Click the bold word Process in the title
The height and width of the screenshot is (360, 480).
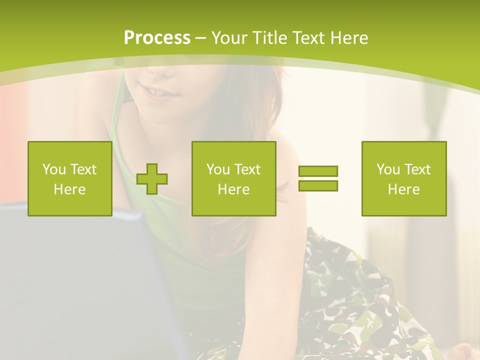[157, 38]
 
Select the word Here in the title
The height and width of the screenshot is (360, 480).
[348, 38]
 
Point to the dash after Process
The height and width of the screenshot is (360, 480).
[200, 38]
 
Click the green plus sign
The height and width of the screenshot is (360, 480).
[152, 179]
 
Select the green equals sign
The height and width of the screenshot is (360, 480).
[318, 178]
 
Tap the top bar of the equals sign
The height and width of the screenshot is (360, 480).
[318, 171]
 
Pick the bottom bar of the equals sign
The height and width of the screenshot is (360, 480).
[318, 185]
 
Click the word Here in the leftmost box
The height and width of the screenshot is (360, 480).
[69, 189]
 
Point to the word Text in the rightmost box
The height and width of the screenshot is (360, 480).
[416, 169]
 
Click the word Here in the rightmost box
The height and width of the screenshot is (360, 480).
[403, 189]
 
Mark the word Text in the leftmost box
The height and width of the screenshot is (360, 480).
[82, 169]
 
